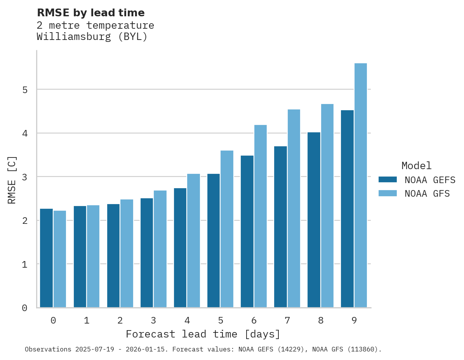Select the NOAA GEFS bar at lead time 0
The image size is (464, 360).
(47, 258)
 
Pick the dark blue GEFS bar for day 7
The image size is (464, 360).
(280, 227)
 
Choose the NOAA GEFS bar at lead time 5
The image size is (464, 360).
(214, 241)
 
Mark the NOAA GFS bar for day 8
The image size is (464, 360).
(327, 206)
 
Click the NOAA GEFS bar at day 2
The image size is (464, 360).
(113, 256)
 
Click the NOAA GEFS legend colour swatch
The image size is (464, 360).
(388, 180)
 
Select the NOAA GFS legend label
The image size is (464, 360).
(427, 194)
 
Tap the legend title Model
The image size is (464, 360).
(416, 166)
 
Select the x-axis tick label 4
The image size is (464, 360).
(187, 320)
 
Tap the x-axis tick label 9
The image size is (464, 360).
(354, 320)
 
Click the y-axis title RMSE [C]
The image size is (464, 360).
(12, 180)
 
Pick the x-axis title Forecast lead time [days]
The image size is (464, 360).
(203, 334)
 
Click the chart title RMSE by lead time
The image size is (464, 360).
(91, 13)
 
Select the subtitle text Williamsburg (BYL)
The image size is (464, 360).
(92, 37)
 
